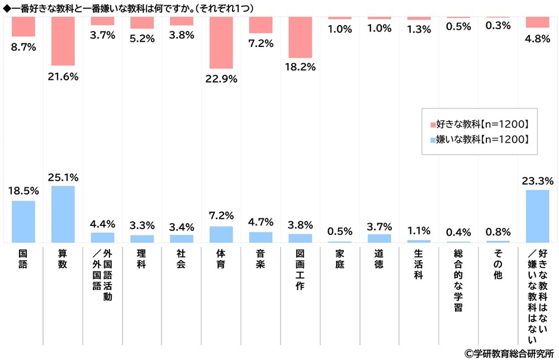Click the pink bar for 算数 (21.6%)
62,41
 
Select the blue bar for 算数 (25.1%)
62,214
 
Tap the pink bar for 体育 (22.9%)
221,42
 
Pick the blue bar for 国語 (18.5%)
23,221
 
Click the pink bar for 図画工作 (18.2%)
300,37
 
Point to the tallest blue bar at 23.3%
537,216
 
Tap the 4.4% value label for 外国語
102,224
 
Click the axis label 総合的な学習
458,280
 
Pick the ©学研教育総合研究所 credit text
509,353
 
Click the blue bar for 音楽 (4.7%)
260,237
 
